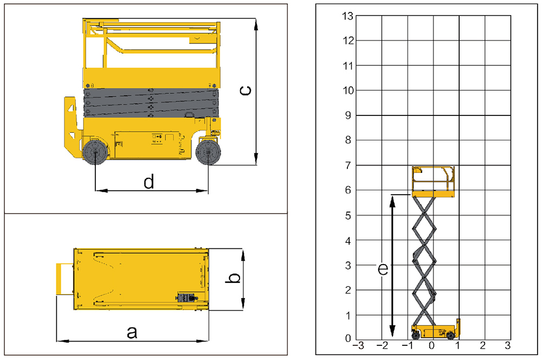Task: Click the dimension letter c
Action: (246, 90)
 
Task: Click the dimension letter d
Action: (149, 182)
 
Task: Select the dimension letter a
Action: (132, 332)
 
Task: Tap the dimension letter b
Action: (234, 278)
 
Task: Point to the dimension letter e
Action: (383, 269)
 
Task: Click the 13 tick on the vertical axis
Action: (348, 16)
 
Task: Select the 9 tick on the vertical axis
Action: (349, 115)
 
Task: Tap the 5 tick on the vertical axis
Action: (349, 215)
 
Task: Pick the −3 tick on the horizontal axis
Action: (358, 345)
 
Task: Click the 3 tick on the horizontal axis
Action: (507, 345)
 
